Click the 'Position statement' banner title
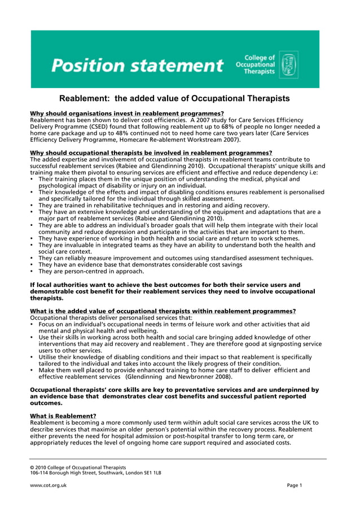click(137, 66)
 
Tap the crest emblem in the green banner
click(288, 65)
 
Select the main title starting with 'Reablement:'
click(174, 99)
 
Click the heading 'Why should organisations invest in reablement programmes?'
click(126, 114)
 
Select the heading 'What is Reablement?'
click(63, 416)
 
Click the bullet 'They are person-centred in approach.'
click(91, 271)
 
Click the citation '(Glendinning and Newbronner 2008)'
click(179, 376)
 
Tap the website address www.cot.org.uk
click(48, 485)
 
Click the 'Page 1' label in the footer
click(294, 485)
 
